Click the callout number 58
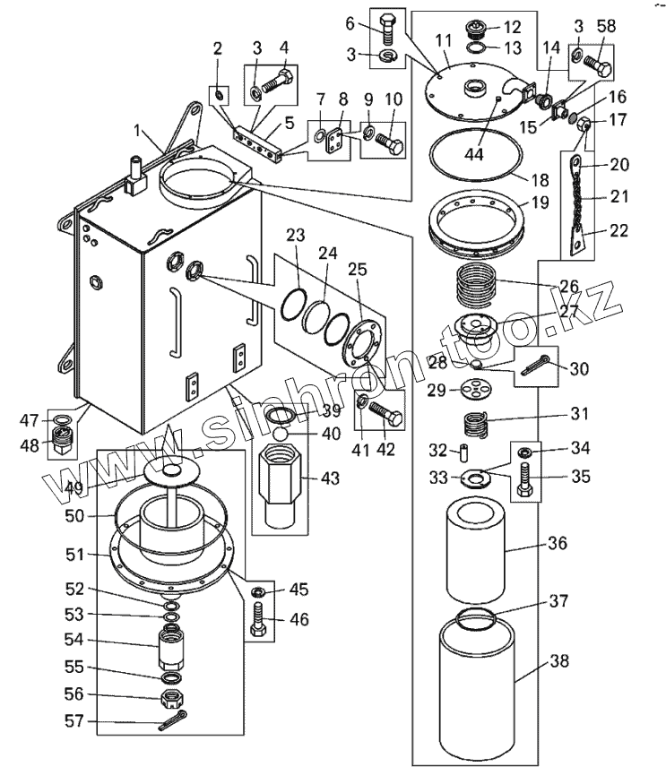pos(606,27)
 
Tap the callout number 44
pos(474,154)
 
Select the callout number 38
pos(559,661)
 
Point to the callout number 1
pos(138,131)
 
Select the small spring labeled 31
pos(475,425)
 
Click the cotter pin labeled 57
pos(173,720)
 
